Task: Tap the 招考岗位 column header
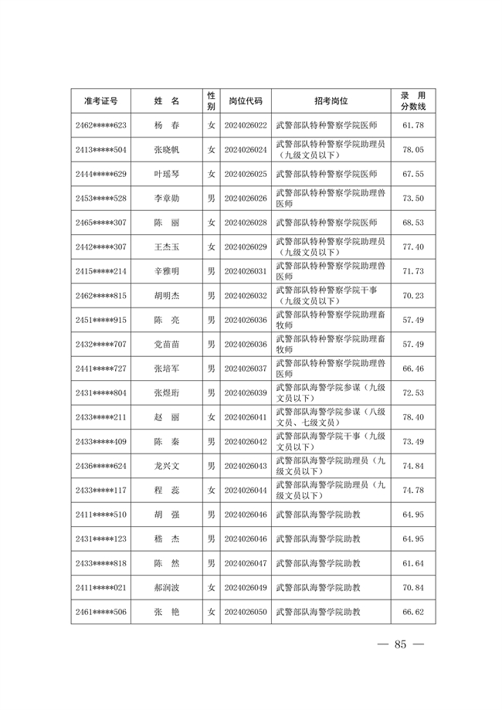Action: click(331, 101)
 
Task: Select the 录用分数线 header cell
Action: click(413, 101)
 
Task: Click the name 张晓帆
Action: click(166, 149)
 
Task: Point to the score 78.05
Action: click(413, 149)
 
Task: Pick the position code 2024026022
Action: click(245, 125)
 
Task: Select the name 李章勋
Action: click(166, 199)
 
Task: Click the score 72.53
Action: click(413, 392)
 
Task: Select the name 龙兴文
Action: click(166, 466)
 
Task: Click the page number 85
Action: click(399, 644)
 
